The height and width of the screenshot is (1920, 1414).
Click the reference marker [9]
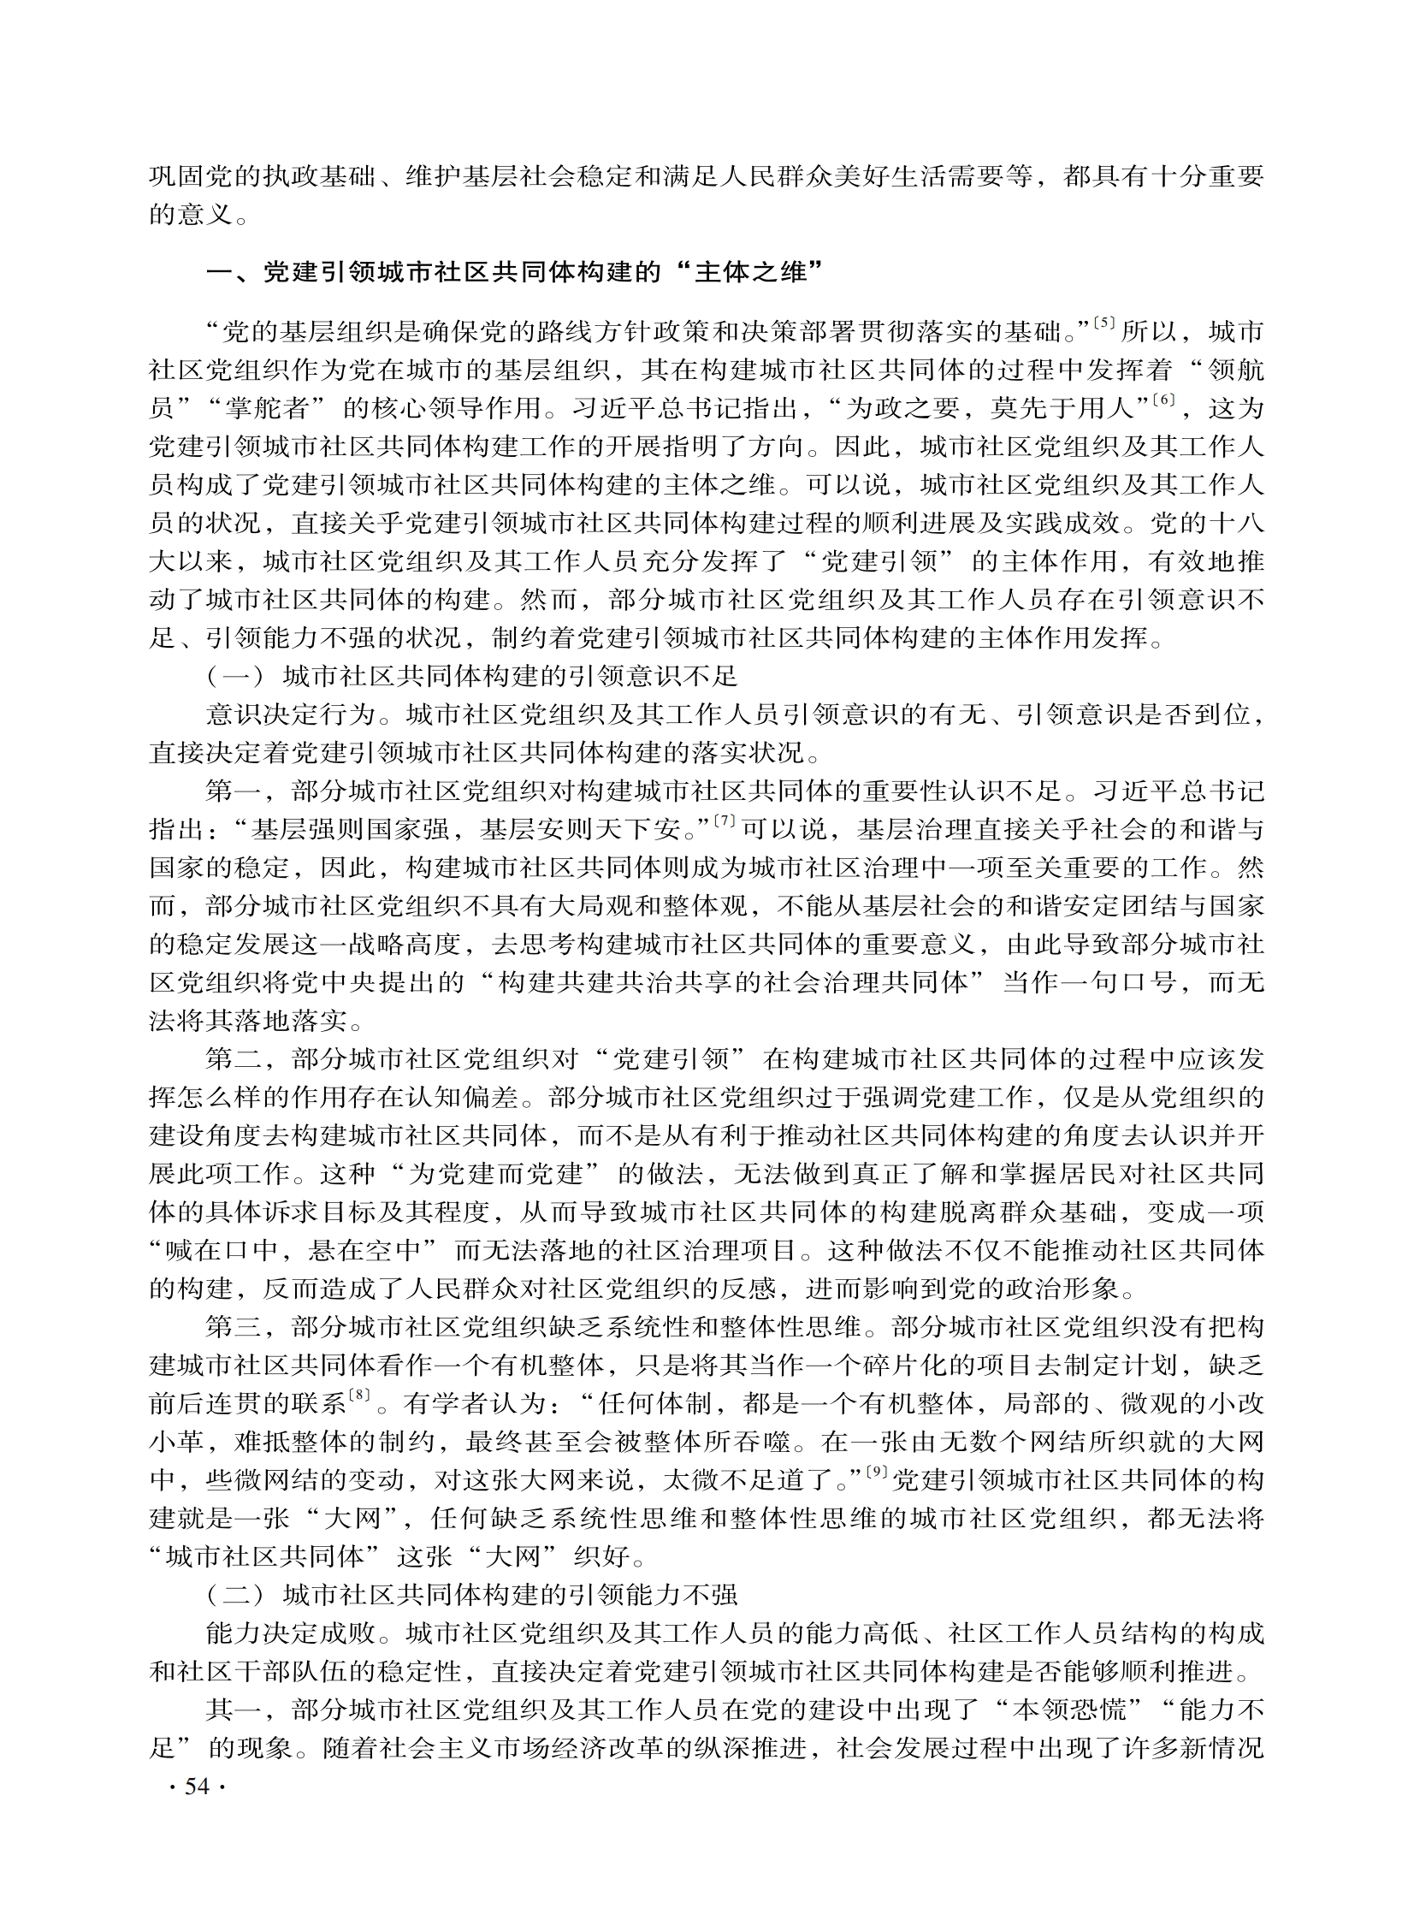(876, 1472)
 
